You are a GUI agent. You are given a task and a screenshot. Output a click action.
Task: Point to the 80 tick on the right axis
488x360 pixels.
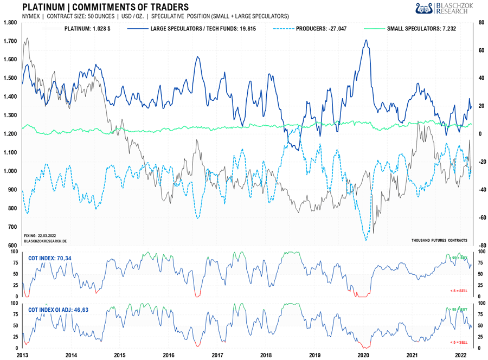pos(480,23)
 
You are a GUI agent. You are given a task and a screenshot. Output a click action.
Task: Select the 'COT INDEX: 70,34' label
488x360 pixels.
pos(50,258)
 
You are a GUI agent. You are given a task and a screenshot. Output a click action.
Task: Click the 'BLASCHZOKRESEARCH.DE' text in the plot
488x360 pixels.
pos(46,240)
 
